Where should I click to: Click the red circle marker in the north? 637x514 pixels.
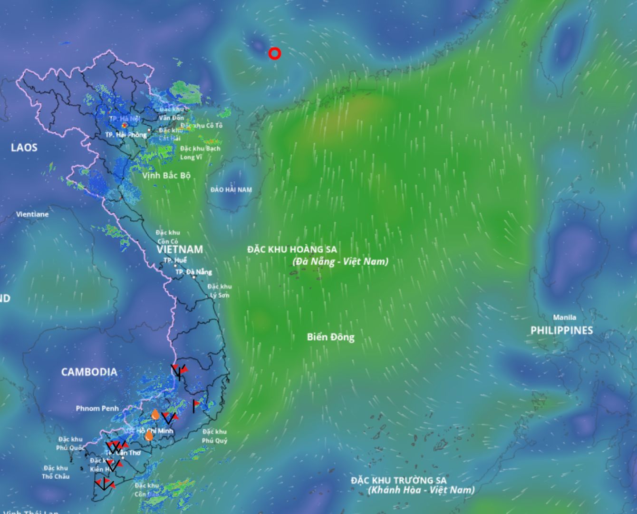pyautogui.click(x=274, y=54)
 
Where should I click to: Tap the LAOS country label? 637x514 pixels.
pyautogui.click(x=24, y=148)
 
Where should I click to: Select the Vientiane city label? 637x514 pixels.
pyautogui.click(x=32, y=214)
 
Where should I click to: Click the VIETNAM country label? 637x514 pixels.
pyautogui.click(x=180, y=249)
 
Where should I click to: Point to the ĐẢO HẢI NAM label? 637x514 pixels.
pyautogui.click(x=231, y=189)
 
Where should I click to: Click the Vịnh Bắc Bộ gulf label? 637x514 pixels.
pyautogui.click(x=166, y=176)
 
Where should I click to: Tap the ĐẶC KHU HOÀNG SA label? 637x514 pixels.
pyautogui.click(x=292, y=249)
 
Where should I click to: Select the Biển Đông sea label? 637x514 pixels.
pyautogui.click(x=330, y=337)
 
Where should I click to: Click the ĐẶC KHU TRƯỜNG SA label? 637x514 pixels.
pyautogui.click(x=398, y=480)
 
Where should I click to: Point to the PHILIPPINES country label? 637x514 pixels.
pyautogui.click(x=561, y=330)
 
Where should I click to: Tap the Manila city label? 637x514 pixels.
pyautogui.click(x=564, y=317)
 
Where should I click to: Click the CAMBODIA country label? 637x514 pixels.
pyautogui.click(x=89, y=372)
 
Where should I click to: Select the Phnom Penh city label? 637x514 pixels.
pyautogui.click(x=97, y=408)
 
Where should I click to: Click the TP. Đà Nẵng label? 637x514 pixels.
pyautogui.click(x=193, y=272)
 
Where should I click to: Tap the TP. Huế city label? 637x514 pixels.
pyautogui.click(x=175, y=260)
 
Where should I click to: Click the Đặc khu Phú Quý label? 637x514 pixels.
pyautogui.click(x=214, y=436)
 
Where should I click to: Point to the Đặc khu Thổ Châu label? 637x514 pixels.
pyautogui.click(x=56, y=472)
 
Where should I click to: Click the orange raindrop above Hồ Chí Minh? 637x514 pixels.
pyautogui.click(x=155, y=415)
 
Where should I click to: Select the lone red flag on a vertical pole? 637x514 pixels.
pyautogui.click(x=195, y=405)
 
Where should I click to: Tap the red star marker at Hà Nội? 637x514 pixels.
pyautogui.click(x=125, y=126)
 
